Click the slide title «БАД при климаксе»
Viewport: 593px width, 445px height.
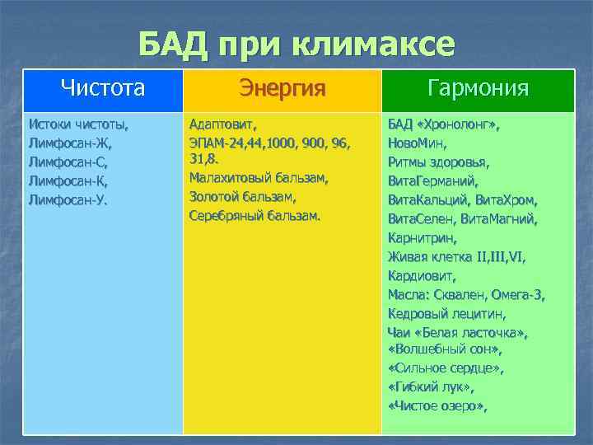(296, 44)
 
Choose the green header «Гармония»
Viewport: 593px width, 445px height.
(479, 88)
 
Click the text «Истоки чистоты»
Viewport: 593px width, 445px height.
(78, 125)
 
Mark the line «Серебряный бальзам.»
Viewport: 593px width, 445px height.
(254, 216)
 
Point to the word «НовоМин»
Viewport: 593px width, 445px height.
(418, 143)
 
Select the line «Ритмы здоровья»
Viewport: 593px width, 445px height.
(439, 162)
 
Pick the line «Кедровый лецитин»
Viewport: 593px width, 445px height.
(446, 314)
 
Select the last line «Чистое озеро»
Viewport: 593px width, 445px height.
(437, 405)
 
